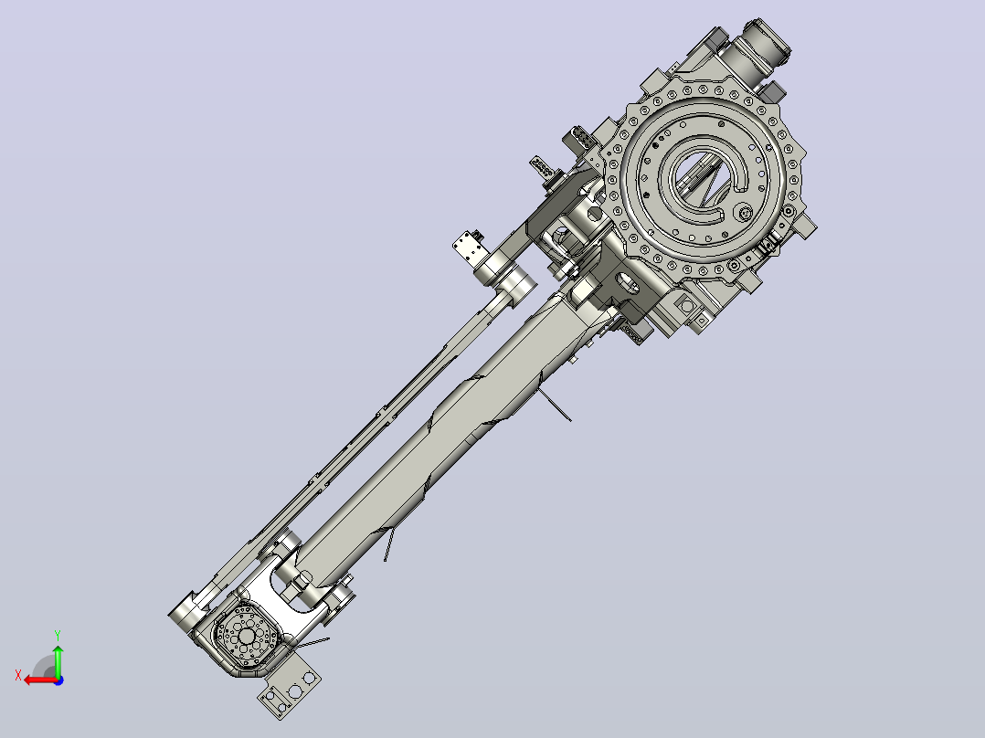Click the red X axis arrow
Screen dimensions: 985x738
pyautogui.click(x=41, y=680)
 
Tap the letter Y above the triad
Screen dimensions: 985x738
pyautogui.click(x=58, y=635)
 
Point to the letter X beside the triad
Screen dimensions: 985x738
pyautogui.click(x=18, y=676)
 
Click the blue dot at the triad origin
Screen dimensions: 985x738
pyautogui.click(x=58, y=680)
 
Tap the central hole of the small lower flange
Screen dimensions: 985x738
pyautogui.click(x=247, y=637)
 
